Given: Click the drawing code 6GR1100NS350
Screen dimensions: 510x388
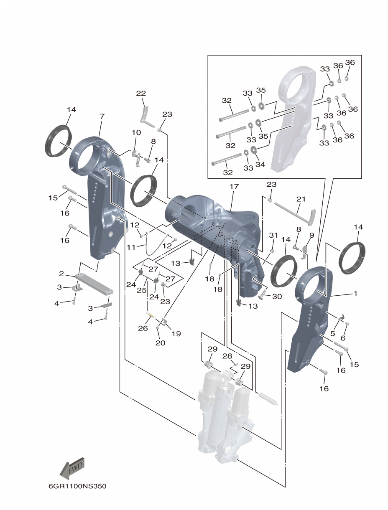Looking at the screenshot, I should click(74, 486).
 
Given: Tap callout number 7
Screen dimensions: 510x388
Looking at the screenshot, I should click(102, 116).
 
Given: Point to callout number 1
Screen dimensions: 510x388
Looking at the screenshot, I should click(355, 294).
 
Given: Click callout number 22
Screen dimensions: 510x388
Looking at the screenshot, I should click(141, 94).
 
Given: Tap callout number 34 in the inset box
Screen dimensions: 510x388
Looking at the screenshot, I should click(260, 165).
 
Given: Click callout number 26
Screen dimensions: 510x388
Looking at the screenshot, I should click(143, 328).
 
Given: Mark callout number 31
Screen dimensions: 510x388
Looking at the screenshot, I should click(273, 236).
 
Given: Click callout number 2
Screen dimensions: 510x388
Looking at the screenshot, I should click(61, 274).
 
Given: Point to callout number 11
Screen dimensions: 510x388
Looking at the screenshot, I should click(131, 247).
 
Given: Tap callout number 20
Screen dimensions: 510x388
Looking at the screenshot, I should click(160, 343).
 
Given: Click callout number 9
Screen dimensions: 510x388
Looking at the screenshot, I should click(311, 236).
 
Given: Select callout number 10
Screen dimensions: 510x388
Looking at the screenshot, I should click(136, 132).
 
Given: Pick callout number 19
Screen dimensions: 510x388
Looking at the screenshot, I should click(176, 334).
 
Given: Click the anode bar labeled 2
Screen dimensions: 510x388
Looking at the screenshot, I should click(94, 284).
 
